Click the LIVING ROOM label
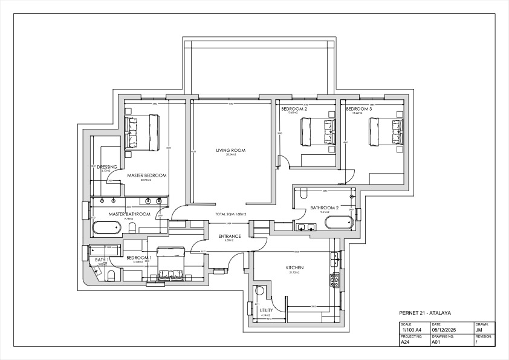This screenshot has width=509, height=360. click(x=230, y=150)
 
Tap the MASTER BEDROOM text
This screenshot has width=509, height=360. click(x=146, y=175)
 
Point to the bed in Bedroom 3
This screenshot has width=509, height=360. click(x=386, y=132)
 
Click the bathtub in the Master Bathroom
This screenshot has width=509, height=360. click(x=107, y=227)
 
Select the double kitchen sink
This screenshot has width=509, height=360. click(x=334, y=258)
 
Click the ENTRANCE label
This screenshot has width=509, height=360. click(x=229, y=236)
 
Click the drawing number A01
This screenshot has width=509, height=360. click(x=435, y=342)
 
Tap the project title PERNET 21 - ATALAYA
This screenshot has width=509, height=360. click(x=426, y=313)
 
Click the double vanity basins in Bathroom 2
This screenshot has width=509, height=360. click(x=306, y=227)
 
